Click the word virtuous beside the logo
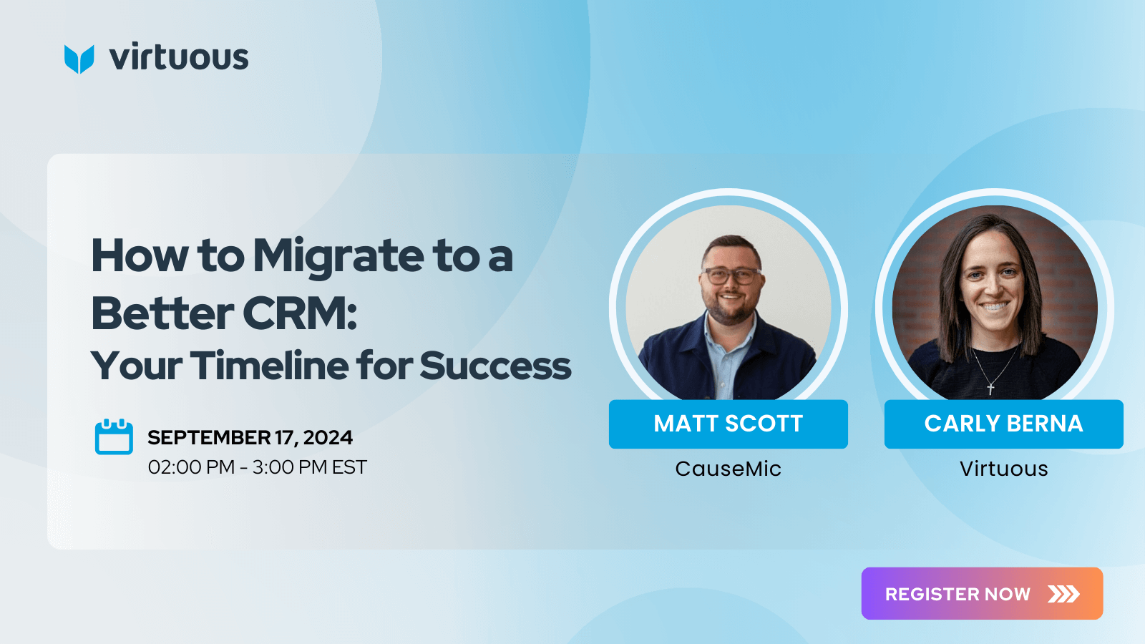click(179, 57)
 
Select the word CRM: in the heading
click(300, 313)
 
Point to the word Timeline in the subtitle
click(269, 366)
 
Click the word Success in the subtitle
click(494, 366)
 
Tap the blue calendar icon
click(114, 436)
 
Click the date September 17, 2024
click(250, 437)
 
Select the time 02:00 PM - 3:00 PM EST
click(257, 467)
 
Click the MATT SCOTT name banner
click(728, 424)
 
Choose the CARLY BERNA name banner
click(1003, 424)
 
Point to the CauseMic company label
click(728, 469)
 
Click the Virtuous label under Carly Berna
click(1003, 469)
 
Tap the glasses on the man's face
click(731, 276)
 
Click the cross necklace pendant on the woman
click(990, 389)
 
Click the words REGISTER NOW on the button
click(958, 594)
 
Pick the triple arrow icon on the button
click(1063, 594)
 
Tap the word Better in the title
click(162, 313)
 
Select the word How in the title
click(140, 256)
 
